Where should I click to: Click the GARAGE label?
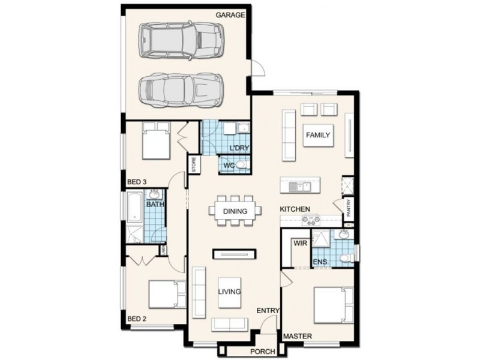230,14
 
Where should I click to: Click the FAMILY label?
317,135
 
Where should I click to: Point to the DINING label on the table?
235,211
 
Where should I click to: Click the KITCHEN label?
295,209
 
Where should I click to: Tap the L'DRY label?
239,148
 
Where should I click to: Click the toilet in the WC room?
241,164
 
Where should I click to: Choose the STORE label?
194,164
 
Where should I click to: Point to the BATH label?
155,204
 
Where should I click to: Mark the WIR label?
299,244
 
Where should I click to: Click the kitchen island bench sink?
296,187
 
